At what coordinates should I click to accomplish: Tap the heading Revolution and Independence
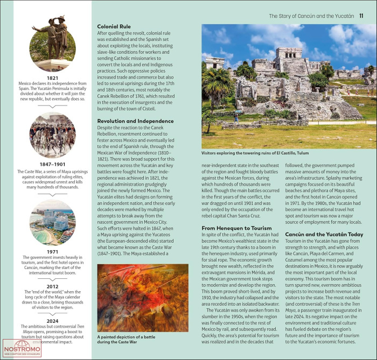pyautogui.click(x=135, y=121)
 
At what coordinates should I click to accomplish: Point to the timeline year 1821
pyautogui.click(x=52, y=78)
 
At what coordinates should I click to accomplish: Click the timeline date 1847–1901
pyautogui.click(x=52, y=164)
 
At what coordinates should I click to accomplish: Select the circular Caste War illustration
pyautogui.click(x=52, y=135)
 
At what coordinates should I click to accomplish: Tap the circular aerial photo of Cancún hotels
pyautogui.click(x=52, y=222)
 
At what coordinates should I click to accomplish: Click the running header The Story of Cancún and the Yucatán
pyautogui.click(x=311, y=16)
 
